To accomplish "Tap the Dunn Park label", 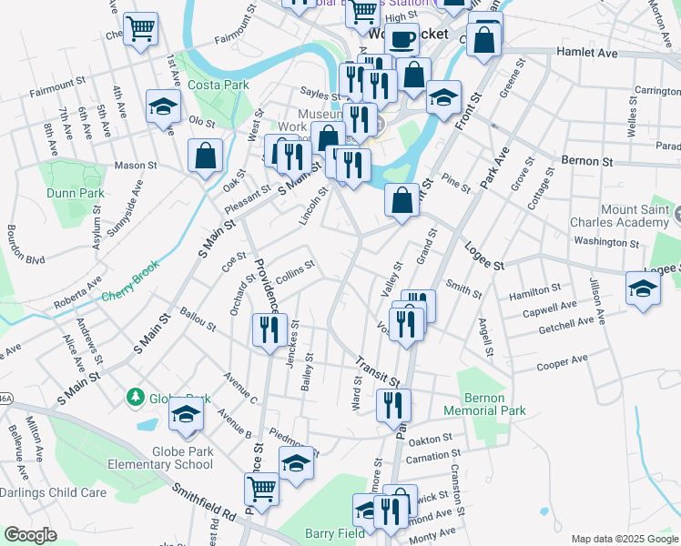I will tap(76, 193).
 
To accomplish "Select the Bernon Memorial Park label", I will tap(483, 404).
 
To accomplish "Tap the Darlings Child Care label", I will tap(53, 492).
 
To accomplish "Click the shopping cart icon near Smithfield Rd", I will tap(262, 489).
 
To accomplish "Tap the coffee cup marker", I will tap(401, 40).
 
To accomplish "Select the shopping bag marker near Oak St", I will tap(206, 155).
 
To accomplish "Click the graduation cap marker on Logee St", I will tap(643, 288).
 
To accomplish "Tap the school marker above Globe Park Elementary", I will tap(187, 414).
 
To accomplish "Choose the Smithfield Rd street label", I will tap(204, 509).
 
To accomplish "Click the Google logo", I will tap(30, 535).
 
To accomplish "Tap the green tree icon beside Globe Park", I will tap(136, 397).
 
